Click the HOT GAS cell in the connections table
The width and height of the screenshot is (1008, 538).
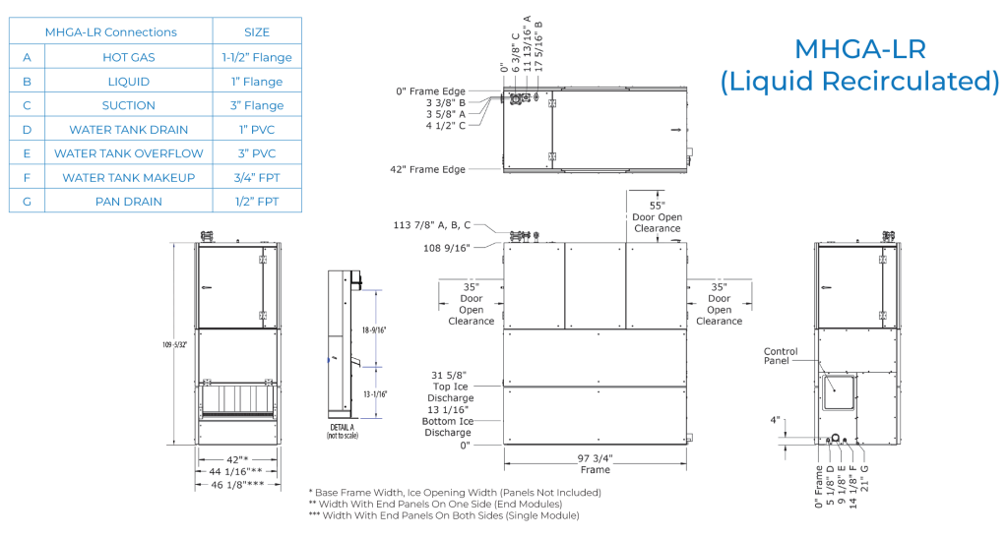click(x=129, y=57)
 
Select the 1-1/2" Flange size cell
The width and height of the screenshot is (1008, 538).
click(x=257, y=57)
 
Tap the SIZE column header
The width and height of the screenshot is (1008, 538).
click(x=257, y=32)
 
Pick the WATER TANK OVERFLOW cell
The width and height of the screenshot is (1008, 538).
click(x=129, y=153)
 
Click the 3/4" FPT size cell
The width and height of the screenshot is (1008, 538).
click(x=257, y=177)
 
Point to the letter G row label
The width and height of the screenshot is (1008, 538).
click(x=28, y=202)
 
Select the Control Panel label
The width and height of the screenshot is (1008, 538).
click(x=781, y=356)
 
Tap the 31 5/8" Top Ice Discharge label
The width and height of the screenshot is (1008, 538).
click(x=452, y=387)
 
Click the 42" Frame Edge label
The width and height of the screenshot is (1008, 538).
click(x=427, y=169)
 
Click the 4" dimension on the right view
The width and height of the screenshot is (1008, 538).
click(x=777, y=420)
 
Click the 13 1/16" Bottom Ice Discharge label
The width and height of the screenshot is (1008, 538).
click(x=448, y=421)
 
